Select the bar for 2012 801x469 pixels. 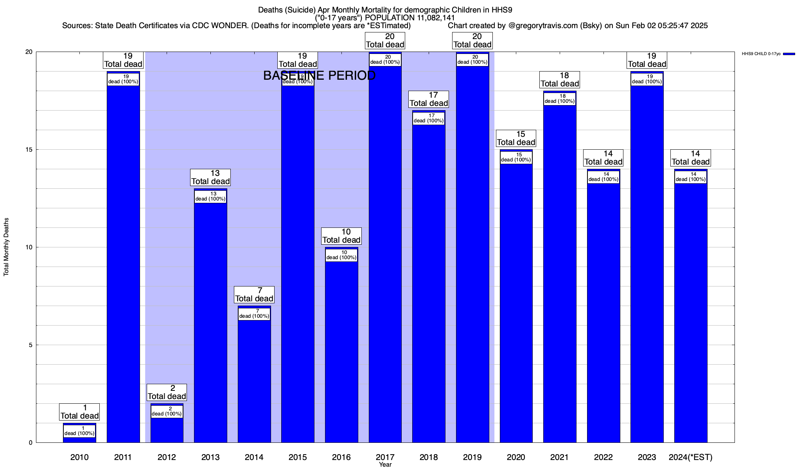pos(167,430)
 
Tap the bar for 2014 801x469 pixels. pos(254,379)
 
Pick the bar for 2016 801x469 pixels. pos(341,352)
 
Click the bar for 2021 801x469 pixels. pos(560,274)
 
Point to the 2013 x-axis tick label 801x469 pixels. pos(210,457)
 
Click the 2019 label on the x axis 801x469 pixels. pos(472,457)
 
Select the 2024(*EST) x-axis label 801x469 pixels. pos(691,457)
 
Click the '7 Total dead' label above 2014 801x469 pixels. pos(254,295)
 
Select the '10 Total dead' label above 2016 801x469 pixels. pos(341,236)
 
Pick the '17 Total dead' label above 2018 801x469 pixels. pos(429,99)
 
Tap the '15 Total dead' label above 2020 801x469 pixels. pos(516,138)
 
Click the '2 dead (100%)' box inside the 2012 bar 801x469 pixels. pos(167,412)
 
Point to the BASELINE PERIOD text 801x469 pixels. pos(319,75)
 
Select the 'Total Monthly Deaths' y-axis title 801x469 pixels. pos(6,247)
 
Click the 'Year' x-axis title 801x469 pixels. pos(385,465)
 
